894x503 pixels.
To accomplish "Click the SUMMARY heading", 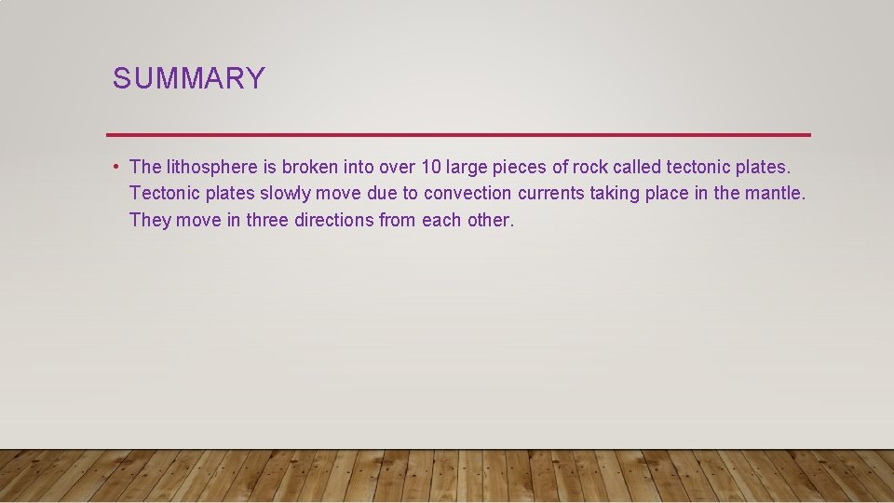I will click(189, 78).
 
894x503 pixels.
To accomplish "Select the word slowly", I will click(285, 194).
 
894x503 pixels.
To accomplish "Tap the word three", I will click(267, 221).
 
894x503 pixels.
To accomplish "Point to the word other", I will click(490, 221).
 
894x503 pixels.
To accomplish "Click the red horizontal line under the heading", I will click(458, 135).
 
